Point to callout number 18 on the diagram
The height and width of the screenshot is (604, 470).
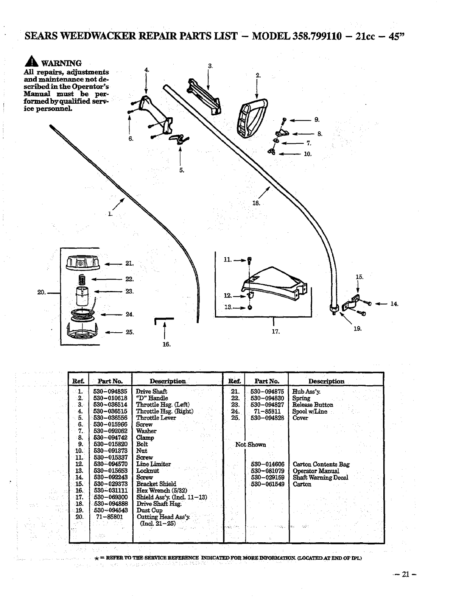[256, 203]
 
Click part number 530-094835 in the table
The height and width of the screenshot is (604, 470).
[110, 391]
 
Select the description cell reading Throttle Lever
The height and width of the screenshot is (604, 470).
[156, 418]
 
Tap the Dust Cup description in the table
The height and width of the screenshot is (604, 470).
[149, 510]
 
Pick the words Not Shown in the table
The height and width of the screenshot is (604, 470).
[251, 445]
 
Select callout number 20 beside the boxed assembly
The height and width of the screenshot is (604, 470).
[42, 292]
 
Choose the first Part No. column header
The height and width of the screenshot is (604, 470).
[110, 381]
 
